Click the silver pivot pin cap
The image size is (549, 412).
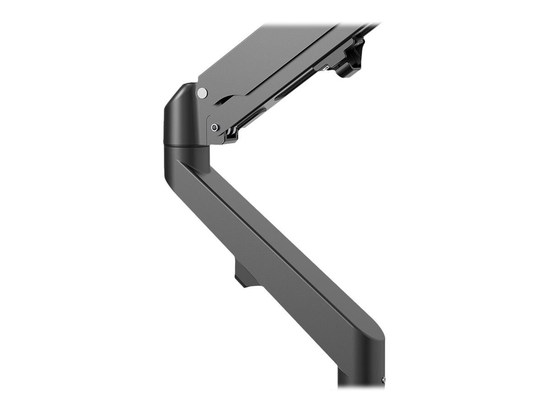click(202, 93)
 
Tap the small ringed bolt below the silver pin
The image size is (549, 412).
click(215, 128)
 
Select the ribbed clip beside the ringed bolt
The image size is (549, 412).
click(231, 134)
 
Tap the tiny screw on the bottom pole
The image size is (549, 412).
click(383, 379)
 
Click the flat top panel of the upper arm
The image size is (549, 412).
click(265, 55)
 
